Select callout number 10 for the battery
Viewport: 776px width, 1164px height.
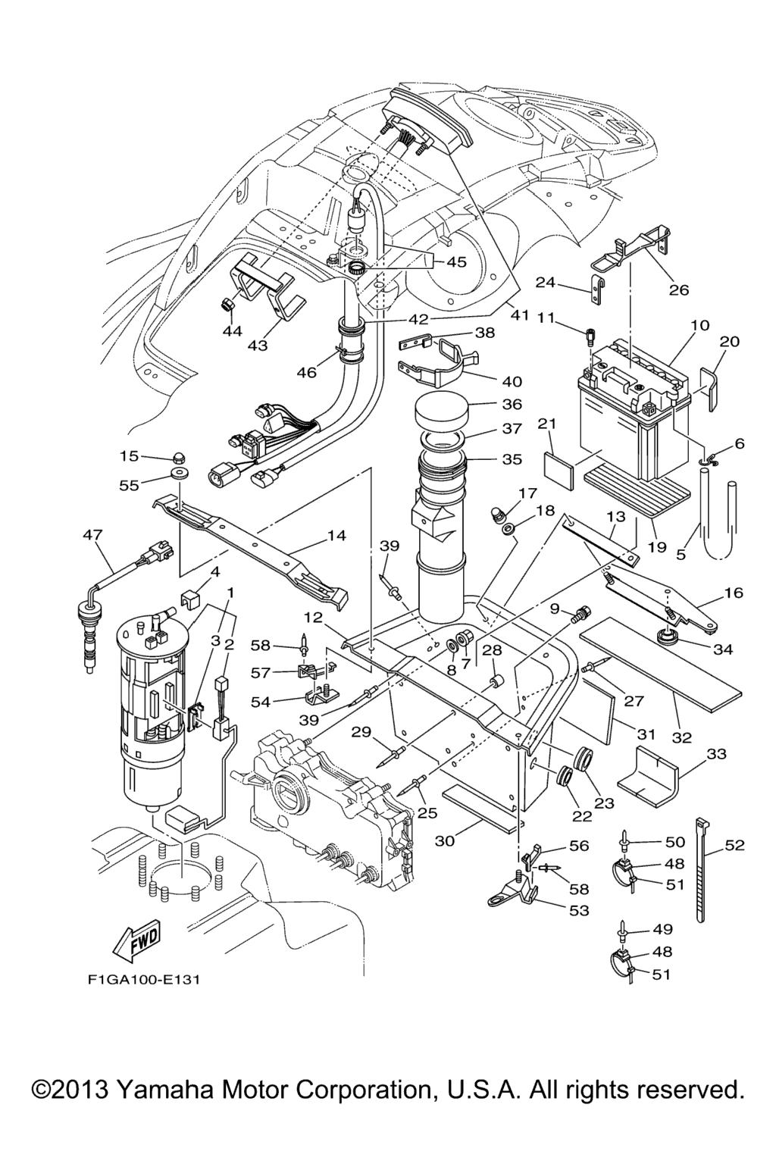700,325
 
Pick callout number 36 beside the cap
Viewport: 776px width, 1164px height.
512,405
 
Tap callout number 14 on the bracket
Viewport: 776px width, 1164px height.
336,536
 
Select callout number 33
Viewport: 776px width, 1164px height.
716,754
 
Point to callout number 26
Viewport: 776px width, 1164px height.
678,289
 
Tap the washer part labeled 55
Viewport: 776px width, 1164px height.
180,474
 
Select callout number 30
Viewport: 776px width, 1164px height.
446,840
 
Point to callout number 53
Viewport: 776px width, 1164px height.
579,910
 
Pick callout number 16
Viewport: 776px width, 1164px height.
734,593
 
